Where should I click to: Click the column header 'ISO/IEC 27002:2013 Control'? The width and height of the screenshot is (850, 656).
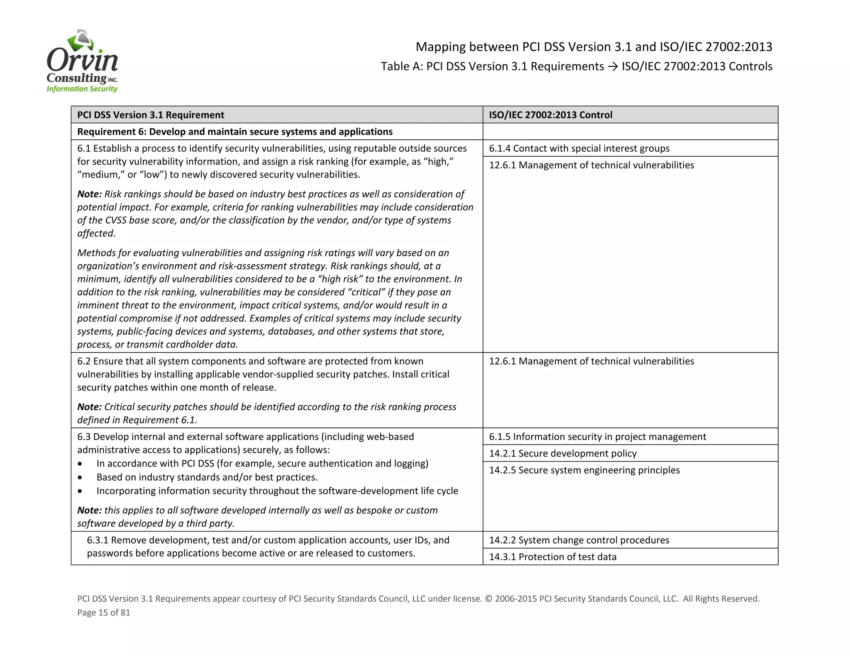pos(550,115)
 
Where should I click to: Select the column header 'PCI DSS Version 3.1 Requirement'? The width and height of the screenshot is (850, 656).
pos(151,115)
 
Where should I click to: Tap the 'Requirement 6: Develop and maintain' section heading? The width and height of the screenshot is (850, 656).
pos(234,131)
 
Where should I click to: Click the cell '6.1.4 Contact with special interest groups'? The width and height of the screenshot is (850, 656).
pos(579,148)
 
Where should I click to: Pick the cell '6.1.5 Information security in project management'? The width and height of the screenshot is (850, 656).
pos(597,437)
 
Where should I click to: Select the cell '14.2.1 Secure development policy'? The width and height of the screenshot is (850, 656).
pos(562,453)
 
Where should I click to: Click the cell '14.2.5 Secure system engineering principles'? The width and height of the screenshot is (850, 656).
pos(584,470)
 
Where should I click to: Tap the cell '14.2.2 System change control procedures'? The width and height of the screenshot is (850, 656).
pos(579,540)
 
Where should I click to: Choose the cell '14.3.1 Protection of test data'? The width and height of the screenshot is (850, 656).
pos(552,557)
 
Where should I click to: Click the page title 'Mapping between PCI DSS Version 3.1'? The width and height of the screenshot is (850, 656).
pos(594,47)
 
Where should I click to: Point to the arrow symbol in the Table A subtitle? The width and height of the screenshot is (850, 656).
pos(613,67)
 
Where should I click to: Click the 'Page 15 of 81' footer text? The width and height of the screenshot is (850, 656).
pos(104,612)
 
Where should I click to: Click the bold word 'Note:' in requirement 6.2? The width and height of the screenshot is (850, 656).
pos(89,407)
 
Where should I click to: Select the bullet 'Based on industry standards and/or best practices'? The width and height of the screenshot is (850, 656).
pos(207,477)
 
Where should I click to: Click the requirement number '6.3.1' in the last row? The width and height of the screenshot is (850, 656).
pos(98,540)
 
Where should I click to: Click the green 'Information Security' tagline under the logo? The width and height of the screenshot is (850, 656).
pos(82,89)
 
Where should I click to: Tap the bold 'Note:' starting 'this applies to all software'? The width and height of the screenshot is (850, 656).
pos(89,510)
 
